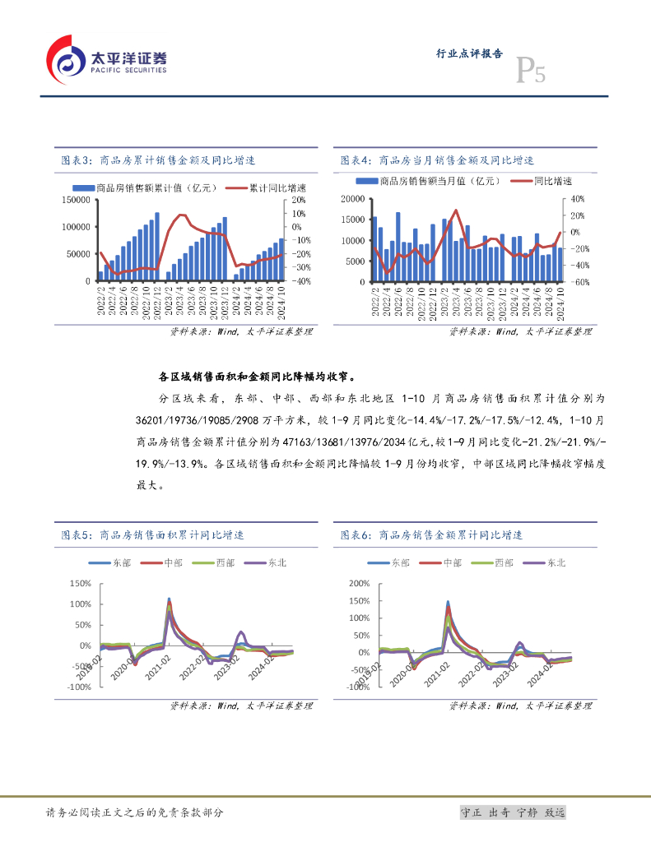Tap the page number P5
[x=530, y=72]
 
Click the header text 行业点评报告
[x=468, y=53]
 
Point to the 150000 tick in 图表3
[x=75, y=199]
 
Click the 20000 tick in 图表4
[x=351, y=199]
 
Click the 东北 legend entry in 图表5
[x=276, y=562]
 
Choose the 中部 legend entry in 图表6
[x=452, y=562]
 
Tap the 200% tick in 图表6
[x=360, y=583]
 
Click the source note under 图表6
[x=520, y=706]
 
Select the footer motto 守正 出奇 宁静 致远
[x=513, y=812]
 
